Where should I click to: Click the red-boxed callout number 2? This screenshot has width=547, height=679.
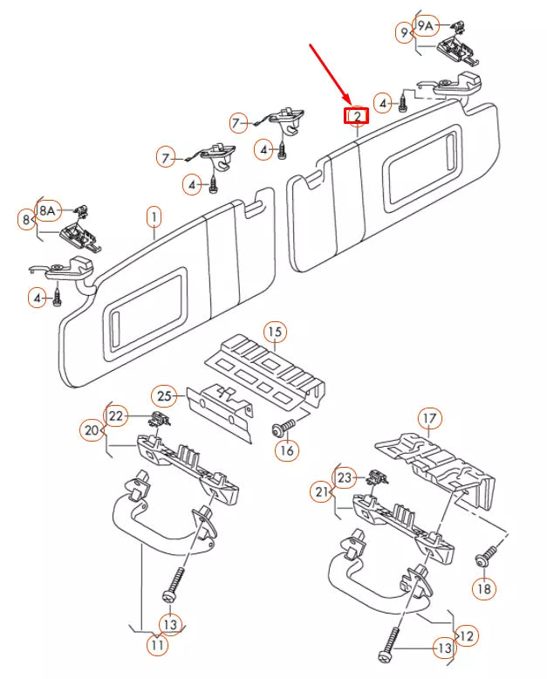pos(356,115)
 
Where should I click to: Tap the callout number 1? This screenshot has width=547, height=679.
pos(154,217)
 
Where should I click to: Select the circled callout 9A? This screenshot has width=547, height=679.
pos(426,26)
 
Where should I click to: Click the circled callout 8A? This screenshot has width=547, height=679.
pos(47,210)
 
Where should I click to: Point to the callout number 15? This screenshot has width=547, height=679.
pos(275,333)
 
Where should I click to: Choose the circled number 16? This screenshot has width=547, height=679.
pos(286,450)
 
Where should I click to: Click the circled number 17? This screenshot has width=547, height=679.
pos(430,419)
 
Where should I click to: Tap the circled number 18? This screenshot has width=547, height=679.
pos(484,588)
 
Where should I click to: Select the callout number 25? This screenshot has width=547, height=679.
pos(164,396)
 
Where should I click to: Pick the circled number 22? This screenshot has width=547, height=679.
pos(116,415)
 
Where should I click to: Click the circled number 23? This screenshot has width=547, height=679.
pos(345,477)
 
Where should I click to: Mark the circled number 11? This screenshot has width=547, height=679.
pos(158,645)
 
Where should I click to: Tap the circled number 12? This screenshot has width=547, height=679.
pos(466,635)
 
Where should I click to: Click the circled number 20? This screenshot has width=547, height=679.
pos(92,430)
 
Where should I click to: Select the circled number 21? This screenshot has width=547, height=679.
pos(322,492)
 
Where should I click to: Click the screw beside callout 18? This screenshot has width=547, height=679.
pos(488,557)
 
